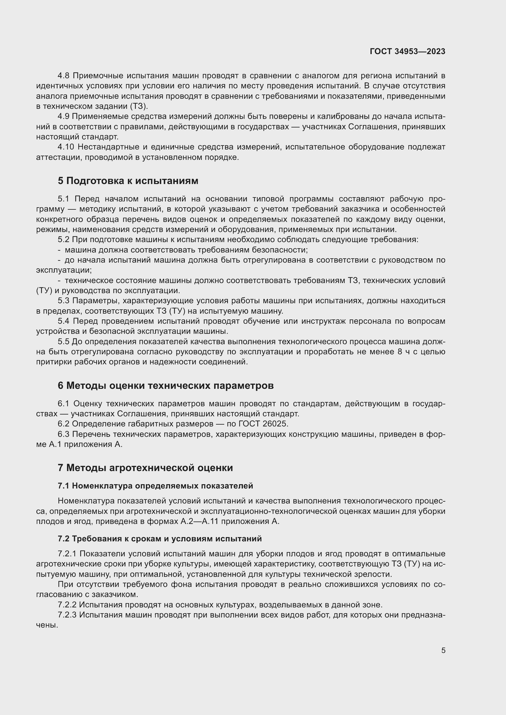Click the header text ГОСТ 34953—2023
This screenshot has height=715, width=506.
point(407,51)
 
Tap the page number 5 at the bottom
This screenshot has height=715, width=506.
point(443,651)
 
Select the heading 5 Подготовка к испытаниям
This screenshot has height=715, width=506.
point(128,181)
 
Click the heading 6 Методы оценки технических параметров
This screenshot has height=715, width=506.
point(166,385)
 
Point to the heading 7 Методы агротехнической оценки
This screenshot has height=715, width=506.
point(145,468)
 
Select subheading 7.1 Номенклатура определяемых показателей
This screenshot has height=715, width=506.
point(155,486)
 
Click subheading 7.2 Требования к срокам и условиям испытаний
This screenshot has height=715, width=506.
point(159,539)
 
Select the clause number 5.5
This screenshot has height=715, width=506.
point(63,342)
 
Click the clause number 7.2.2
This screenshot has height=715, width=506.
point(67,605)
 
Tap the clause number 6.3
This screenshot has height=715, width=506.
point(63,434)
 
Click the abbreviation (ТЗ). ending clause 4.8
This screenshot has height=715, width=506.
point(139,106)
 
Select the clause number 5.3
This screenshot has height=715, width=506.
point(63,301)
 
